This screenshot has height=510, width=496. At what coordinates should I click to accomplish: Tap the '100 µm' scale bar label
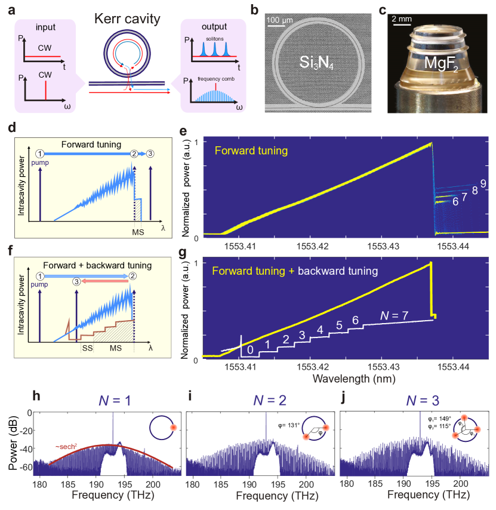(x=279, y=20)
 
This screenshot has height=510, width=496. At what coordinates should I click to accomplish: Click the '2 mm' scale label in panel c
(x=401, y=19)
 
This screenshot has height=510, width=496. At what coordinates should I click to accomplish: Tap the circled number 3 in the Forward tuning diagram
(x=150, y=153)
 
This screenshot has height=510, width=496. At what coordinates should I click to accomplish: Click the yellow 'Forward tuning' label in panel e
(x=251, y=151)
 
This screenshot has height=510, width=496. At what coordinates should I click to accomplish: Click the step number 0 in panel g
(x=250, y=349)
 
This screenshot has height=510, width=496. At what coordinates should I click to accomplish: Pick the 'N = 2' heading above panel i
(x=264, y=400)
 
